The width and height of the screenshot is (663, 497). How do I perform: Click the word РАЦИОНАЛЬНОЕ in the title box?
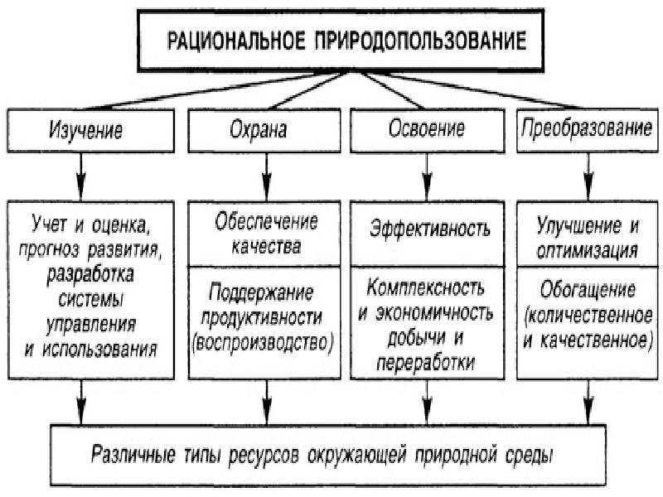(235, 41)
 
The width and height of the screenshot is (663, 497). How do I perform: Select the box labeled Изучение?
(91, 131)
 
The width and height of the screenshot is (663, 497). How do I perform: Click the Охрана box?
(264, 131)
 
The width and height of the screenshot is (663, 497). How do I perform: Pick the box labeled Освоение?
(427, 131)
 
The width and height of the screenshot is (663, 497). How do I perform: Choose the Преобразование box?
(588, 131)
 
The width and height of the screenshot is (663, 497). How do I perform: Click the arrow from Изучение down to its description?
(81, 176)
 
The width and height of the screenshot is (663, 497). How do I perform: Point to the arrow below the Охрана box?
(266, 176)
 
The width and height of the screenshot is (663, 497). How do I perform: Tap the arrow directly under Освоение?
(427, 176)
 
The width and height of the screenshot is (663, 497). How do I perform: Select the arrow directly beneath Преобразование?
(588, 176)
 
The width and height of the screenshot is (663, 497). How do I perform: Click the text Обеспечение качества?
(266, 234)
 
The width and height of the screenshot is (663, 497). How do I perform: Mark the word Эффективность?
(429, 229)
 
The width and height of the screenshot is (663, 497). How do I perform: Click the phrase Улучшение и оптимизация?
(588, 238)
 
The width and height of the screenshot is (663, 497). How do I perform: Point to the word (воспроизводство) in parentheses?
(263, 343)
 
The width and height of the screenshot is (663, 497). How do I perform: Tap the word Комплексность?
(425, 287)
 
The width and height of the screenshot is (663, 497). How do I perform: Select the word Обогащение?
(588, 290)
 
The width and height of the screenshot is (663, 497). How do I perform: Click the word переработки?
(425, 363)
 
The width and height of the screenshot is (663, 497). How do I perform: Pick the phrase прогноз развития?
(89, 250)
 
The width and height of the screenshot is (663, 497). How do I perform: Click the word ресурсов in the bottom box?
(264, 455)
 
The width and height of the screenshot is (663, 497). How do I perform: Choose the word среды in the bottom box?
(529, 455)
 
